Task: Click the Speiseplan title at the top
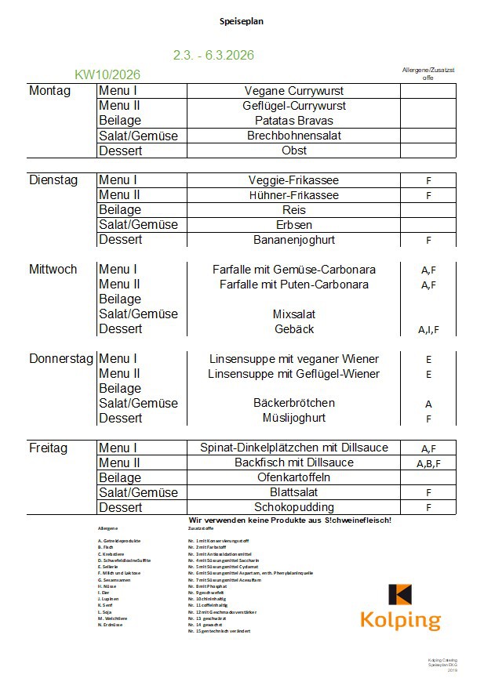point(242,21)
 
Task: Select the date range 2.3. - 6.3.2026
point(213,56)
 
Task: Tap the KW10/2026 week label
point(107,75)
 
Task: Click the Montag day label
point(49,91)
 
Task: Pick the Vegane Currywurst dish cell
point(294,91)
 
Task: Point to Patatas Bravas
point(294,121)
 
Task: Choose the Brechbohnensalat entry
point(294,136)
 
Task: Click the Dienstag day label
point(53,180)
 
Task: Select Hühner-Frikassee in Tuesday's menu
point(294,195)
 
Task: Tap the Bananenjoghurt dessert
point(294,240)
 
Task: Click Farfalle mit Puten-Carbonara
point(294,285)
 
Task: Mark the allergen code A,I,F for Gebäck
point(428,330)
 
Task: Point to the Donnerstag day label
point(61,359)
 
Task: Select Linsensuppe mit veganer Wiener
point(294,359)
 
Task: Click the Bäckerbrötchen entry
point(294,403)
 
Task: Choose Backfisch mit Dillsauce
point(294,462)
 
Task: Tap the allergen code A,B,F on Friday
point(428,464)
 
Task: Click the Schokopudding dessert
point(294,507)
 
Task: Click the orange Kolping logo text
point(400,620)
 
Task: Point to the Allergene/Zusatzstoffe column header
point(428,74)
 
